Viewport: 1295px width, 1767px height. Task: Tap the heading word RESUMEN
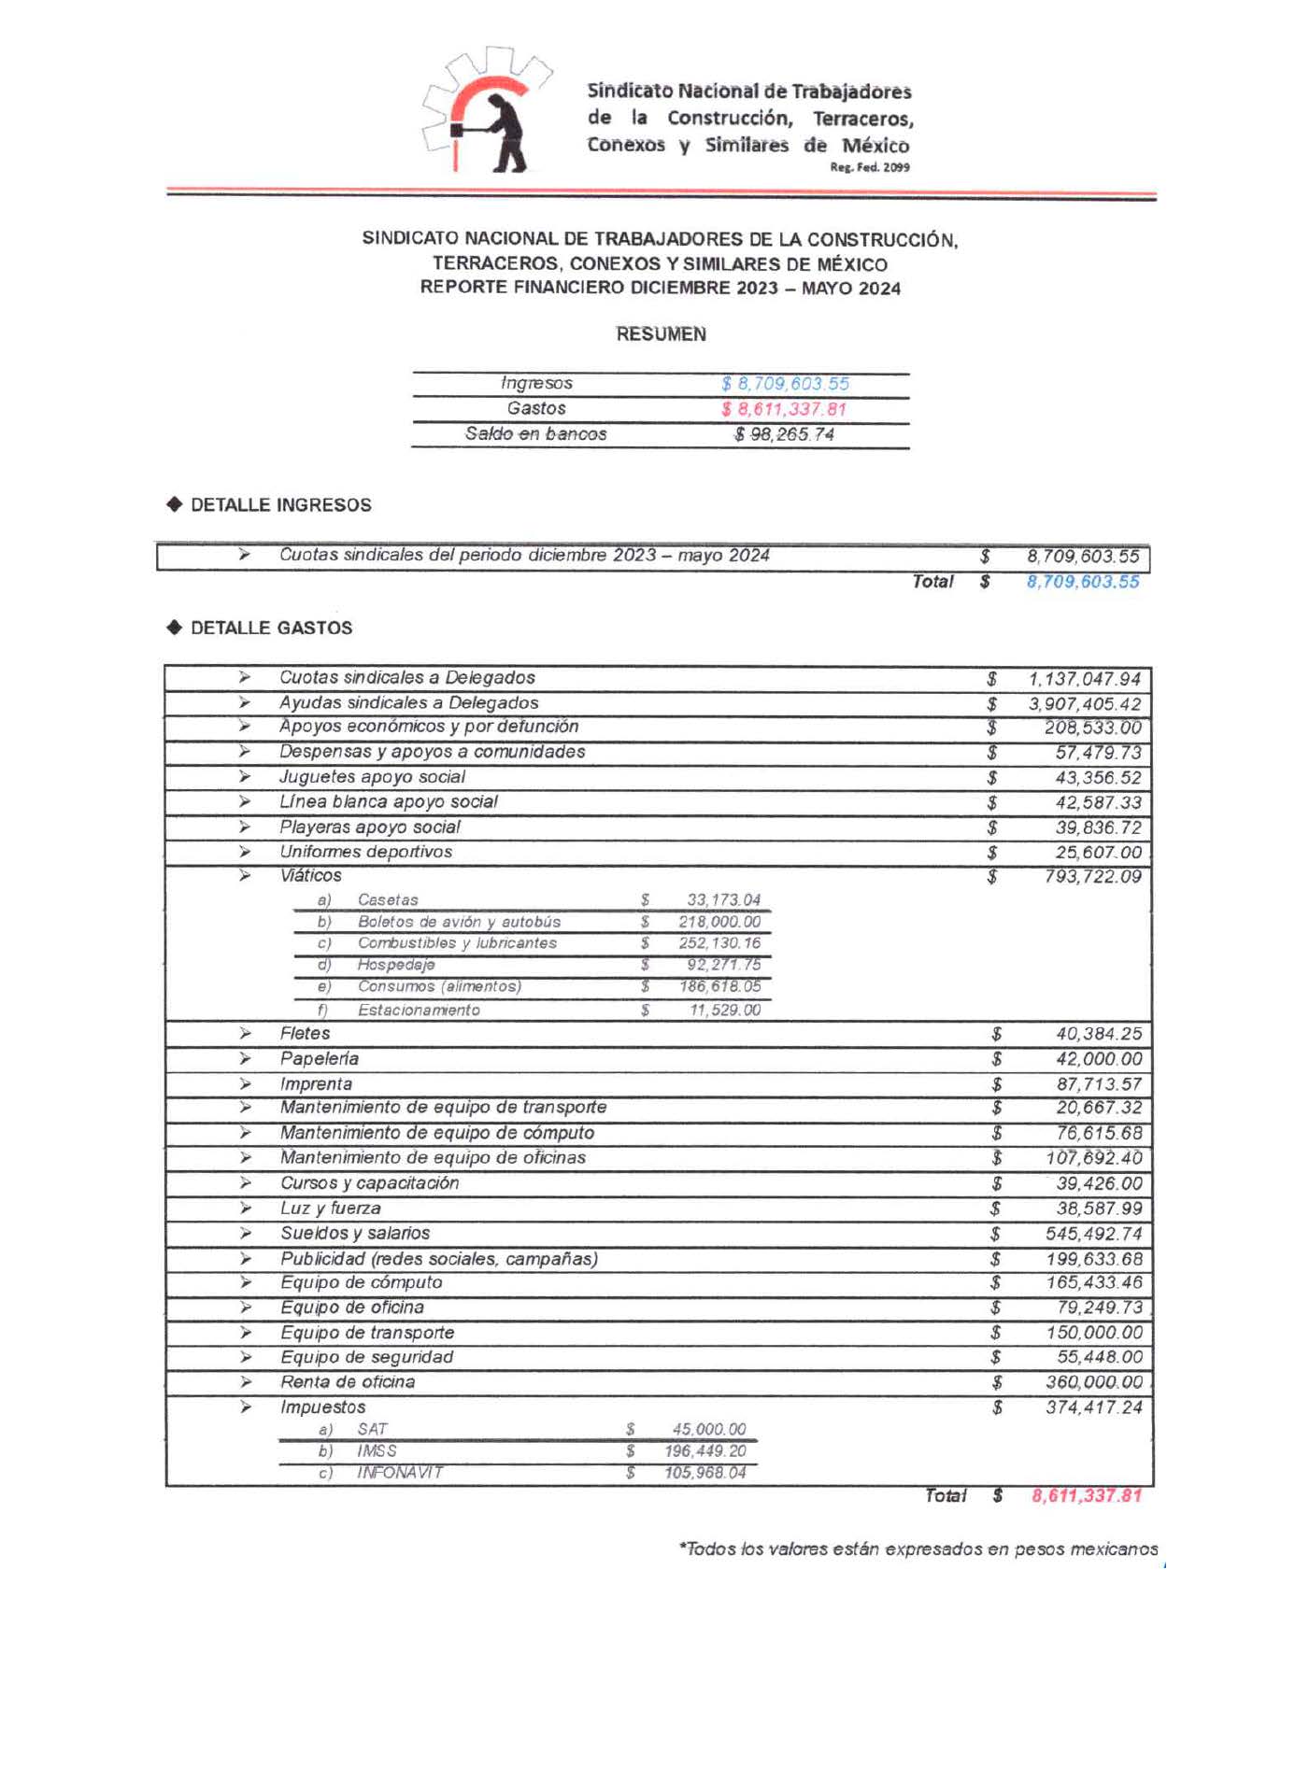(x=661, y=334)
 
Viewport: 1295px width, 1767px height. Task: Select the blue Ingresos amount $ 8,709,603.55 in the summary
(x=785, y=384)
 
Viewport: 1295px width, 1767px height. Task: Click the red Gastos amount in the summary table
(x=784, y=409)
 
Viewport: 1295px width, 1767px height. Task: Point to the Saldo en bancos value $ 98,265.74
(x=784, y=434)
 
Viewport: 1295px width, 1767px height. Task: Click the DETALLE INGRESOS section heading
(x=280, y=505)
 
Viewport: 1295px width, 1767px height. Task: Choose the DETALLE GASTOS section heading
(x=271, y=629)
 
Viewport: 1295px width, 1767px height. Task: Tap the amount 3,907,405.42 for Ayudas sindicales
(x=1084, y=703)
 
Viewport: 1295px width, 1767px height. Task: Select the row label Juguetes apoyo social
(x=372, y=777)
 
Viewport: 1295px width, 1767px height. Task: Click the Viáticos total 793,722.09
(x=1092, y=877)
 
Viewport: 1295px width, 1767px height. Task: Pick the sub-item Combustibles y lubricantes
(x=457, y=943)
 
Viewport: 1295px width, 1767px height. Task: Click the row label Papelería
(x=319, y=1059)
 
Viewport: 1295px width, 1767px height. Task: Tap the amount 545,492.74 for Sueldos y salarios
(x=1093, y=1234)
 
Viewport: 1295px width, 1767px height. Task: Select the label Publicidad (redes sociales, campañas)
(x=439, y=1259)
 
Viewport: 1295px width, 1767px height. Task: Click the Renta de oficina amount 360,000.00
(x=1093, y=1382)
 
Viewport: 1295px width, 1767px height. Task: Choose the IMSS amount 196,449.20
(x=704, y=1451)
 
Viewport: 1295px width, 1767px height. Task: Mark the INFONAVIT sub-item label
(x=400, y=1473)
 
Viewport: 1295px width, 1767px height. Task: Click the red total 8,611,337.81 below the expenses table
(x=1086, y=1496)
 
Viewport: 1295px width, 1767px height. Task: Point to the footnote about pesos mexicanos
(x=918, y=1549)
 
